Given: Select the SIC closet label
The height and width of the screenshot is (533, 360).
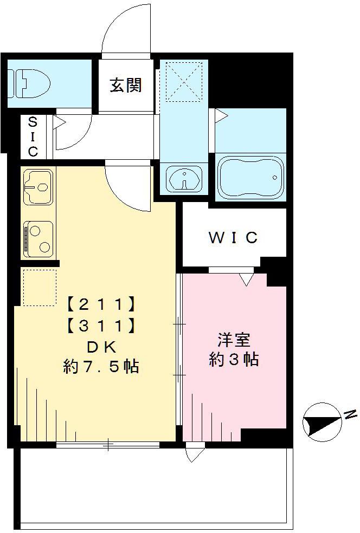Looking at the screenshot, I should click(33, 136).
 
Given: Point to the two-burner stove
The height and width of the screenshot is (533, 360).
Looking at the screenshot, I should click(38, 238).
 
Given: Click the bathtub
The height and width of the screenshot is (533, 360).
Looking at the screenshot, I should click(250, 177).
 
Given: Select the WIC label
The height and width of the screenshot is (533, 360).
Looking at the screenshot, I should click(234, 238).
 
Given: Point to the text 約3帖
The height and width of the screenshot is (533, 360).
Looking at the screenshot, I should click(234, 360).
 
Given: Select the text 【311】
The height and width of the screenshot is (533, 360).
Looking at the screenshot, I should click(101, 325).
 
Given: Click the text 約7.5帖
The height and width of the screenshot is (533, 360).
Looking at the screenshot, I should click(101, 367).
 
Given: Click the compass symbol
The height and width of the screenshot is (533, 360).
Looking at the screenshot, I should click(318, 420).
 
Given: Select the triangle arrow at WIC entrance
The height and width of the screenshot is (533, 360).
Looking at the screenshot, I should click(246, 279).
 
